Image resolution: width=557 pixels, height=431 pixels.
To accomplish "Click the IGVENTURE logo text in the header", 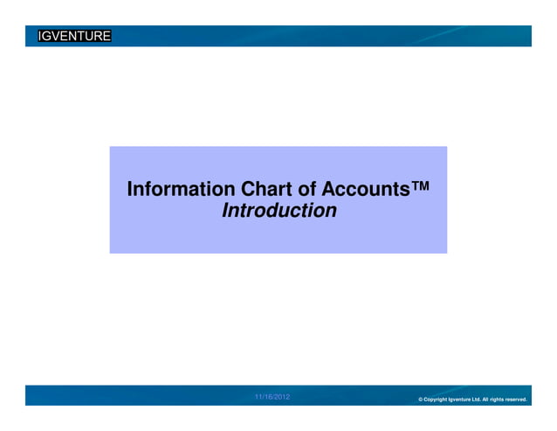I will pos(74,36).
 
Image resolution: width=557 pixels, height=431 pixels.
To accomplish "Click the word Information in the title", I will pos(181,189).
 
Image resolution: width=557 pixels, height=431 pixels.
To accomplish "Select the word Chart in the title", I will pos(266,189).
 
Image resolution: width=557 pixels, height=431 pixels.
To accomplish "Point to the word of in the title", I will pos(308,189).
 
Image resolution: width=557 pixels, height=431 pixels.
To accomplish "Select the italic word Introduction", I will pos(279,211).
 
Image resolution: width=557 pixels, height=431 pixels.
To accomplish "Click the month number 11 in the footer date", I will pos(258,398).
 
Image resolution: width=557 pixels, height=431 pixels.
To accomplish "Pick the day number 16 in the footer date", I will pos(269,398).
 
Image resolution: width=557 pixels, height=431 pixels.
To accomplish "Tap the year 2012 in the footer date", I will pos(283,398).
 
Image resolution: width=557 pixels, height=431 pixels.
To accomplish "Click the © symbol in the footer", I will pos(421,400).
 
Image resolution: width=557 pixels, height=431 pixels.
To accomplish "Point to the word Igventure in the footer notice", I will pos(459,400).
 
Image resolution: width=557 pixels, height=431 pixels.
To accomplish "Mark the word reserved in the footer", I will pos(516,400).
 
